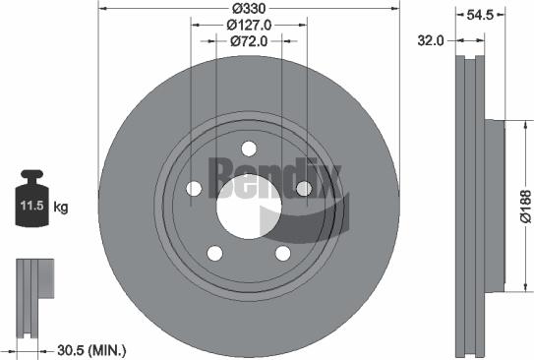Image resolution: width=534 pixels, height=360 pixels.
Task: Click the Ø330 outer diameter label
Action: point(249,8)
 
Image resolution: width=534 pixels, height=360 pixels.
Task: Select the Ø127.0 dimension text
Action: point(249,25)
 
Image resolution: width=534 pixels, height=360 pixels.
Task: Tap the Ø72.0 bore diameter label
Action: point(249,41)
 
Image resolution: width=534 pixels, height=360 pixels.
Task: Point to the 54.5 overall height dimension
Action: point(479,16)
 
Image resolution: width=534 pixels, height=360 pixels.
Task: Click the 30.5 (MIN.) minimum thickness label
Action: point(90,349)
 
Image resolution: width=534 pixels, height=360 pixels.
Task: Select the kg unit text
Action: point(61,208)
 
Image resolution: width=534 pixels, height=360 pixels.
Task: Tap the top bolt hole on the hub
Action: point(248,149)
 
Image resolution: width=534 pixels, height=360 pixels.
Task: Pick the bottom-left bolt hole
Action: point(214,253)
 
